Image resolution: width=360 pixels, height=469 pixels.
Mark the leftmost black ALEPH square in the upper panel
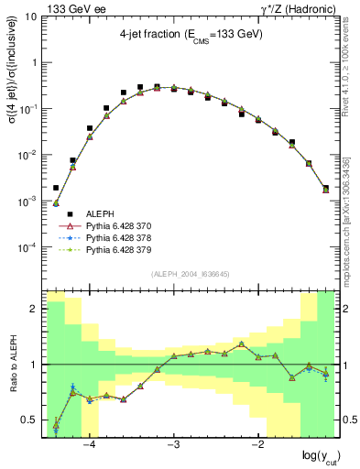(56, 187)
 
